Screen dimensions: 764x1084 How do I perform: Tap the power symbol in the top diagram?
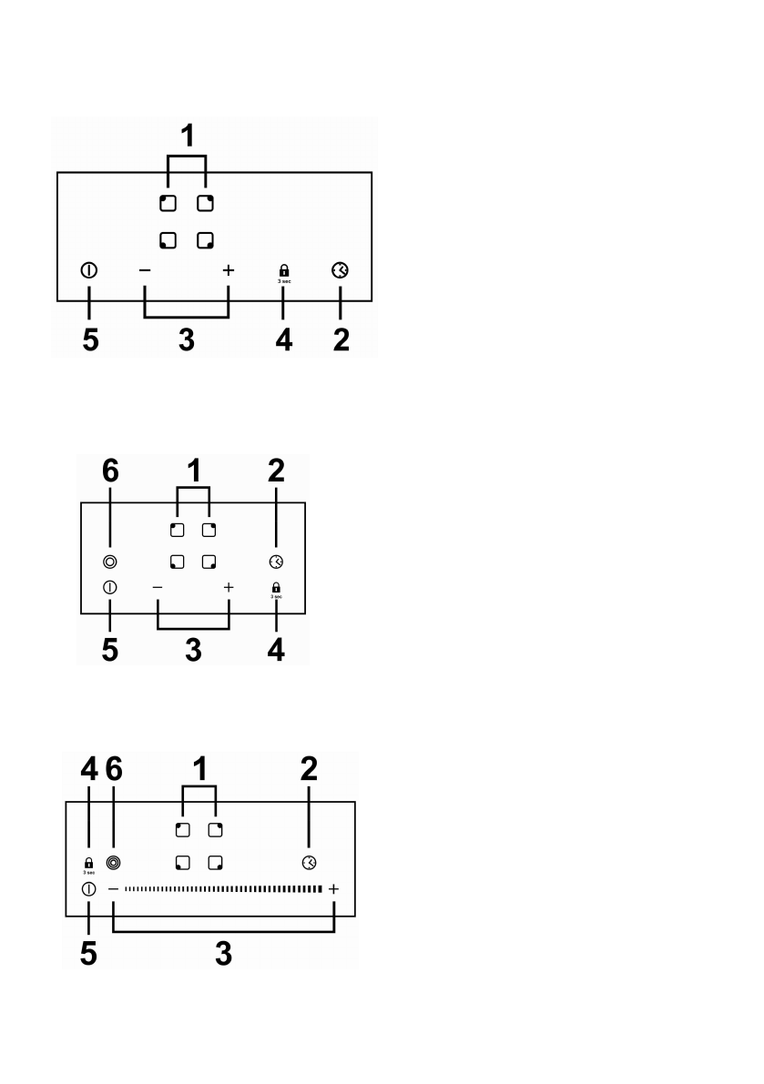click(x=89, y=270)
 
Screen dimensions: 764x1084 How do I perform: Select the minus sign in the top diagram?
click(x=145, y=270)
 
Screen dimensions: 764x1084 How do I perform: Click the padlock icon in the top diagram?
click(x=284, y=269)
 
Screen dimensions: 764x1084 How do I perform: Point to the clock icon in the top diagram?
click(x=340, y=270)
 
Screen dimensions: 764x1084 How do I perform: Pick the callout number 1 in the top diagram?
click(x=187, y=137)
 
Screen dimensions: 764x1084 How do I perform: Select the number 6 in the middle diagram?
click(x=109, y=471)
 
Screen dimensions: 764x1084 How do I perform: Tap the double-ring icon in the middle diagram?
click(x=109, y=562)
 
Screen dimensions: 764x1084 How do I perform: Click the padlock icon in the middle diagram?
click(x=276, y=587)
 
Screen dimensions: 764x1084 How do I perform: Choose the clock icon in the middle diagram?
click(x=276, y=562)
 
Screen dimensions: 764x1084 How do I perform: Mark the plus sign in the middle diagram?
click(x=228, y=588)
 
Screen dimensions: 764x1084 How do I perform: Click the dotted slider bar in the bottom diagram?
click(x=223, y=888)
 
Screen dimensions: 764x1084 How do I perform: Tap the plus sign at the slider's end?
click(x=334, y=888)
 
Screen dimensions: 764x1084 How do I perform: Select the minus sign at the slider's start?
click(x=114, y=888)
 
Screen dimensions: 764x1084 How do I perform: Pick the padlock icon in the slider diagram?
click(x=88, y=862)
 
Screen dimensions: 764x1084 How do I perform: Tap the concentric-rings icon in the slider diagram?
click(x=114, y=862)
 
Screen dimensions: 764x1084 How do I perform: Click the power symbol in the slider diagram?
click(x=88, y=888)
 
